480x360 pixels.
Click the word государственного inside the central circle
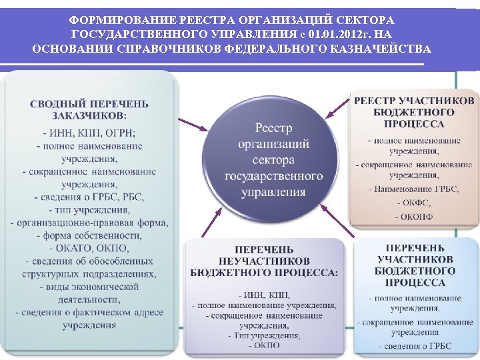273,176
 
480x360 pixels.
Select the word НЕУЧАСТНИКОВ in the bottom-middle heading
264,260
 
